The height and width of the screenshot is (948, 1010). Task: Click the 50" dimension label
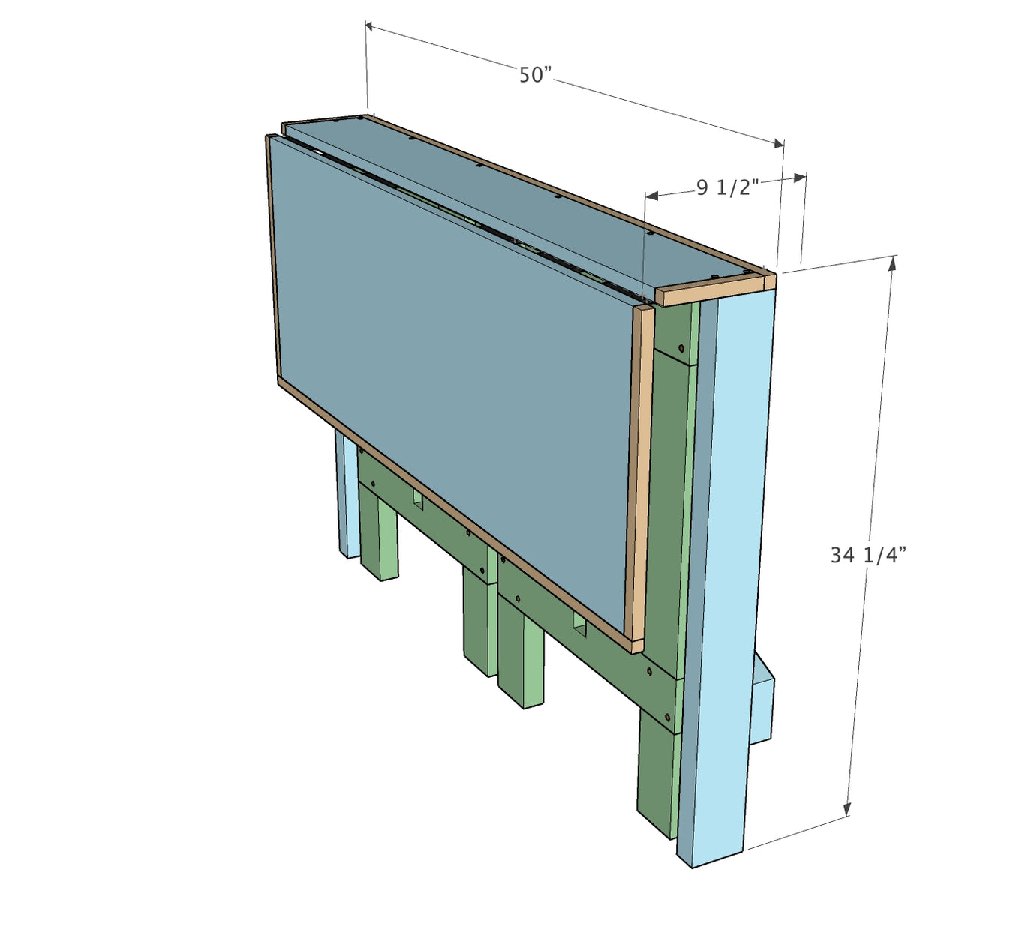[x=535, y=75]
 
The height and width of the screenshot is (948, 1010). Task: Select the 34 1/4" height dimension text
[x=868, y=555]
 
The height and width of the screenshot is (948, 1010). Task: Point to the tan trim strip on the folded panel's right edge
[x=639, y=480]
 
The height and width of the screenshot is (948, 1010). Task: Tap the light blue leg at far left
[x=346, y=495]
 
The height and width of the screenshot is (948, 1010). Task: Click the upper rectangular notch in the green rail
[x=418, y=500]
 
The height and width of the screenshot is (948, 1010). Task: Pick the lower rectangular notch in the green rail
[x=580, y=624]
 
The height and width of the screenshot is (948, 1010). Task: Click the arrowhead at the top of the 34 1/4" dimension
[x=891, y=262]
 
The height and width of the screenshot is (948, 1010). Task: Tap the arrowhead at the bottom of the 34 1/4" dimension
[x=848, y=809]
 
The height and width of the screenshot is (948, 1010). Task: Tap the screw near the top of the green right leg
[x=681, y=348]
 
